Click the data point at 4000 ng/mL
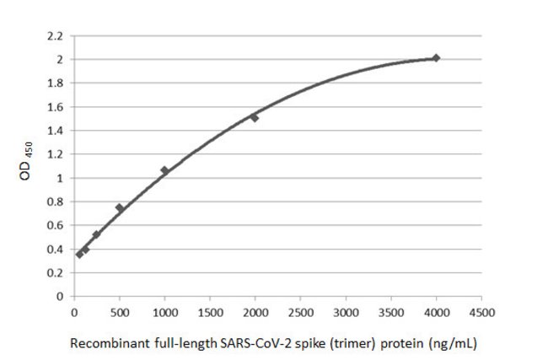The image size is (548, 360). pos(436,58)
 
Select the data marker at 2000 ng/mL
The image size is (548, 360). pos(255,117)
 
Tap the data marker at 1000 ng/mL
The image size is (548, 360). pos(164,170)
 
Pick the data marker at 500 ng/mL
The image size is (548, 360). pos(120,207)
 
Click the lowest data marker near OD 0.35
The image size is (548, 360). pos(79,254)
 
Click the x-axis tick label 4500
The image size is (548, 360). pos(481,312)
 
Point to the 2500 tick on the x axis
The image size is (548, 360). pos(300,312)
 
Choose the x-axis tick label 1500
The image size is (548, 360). pos(210,312)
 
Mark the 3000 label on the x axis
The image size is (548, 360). pos(346,312)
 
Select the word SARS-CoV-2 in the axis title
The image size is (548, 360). pos(242,342)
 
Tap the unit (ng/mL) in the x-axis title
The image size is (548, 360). pos(456,342)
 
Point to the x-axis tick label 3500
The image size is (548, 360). pos(390,312)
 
